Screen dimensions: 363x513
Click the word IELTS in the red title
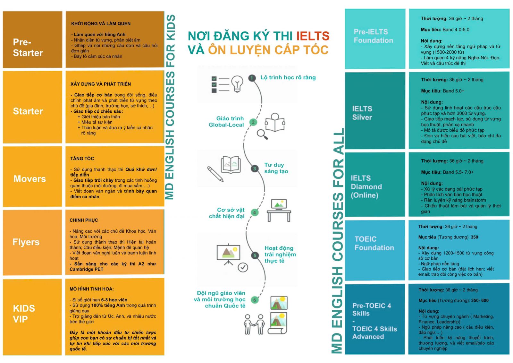(313, 36)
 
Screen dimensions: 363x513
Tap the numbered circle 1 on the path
(252, 78)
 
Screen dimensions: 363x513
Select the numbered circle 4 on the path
(255, 212)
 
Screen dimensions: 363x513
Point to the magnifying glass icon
(262, 134)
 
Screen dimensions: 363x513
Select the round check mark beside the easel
(243, 267)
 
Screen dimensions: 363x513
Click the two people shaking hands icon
(254, 324)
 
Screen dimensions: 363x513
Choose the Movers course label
(29, 179)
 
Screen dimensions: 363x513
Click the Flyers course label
(26, 242)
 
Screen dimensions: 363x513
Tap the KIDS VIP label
(24, 314)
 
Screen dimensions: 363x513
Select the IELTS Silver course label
(362, 113)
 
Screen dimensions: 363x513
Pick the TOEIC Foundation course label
(374, 243)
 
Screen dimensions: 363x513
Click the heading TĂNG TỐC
(82, 159)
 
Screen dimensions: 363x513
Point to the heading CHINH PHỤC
(84, 220)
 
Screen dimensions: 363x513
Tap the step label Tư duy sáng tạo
(276, 168)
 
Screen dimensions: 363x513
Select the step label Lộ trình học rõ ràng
(288, 78)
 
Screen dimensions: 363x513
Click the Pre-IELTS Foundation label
(373, 36)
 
